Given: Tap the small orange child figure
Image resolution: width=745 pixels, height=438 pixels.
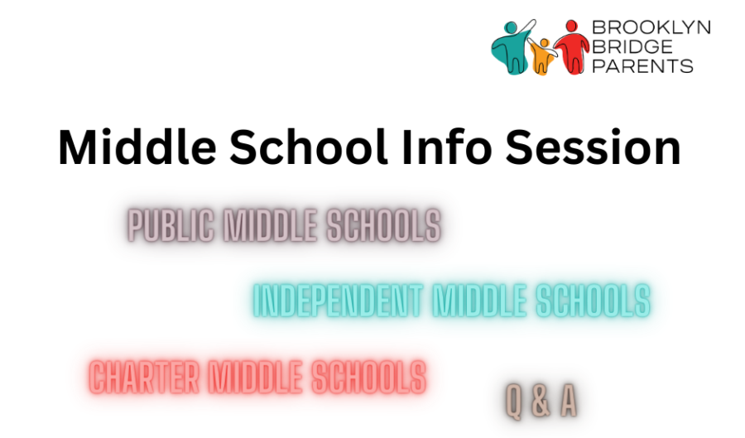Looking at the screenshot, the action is coord(541,56).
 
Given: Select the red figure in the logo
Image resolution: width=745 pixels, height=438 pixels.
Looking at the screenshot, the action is coord(571,47).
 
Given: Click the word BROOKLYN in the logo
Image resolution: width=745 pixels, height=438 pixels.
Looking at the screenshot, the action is coord(651,27).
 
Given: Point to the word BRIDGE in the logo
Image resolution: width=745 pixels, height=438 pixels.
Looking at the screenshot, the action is coord(633,46).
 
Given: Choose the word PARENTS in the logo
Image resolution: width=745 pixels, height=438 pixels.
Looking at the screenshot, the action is coord(643,65).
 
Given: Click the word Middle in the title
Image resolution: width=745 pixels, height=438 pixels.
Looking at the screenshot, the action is coord(137,147).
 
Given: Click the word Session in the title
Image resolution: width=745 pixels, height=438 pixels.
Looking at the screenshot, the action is coord(593,147).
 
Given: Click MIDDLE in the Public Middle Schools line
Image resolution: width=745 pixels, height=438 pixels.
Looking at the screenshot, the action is coord(270,225).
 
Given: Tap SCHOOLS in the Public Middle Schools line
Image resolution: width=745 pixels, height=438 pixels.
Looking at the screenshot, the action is coord(384,225).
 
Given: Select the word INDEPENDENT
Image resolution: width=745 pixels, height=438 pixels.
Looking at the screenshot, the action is coord(338,301).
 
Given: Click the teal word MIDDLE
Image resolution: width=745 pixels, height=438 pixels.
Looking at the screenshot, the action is coord(479,301).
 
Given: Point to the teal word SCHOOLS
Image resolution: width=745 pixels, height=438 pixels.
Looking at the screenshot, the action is coord(593,301).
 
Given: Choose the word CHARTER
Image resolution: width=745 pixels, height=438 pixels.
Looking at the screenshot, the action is coord(144,378).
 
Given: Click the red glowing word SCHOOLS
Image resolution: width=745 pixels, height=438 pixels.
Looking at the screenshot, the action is coord(368,378).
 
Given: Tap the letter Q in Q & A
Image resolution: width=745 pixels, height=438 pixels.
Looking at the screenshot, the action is coord(513,402).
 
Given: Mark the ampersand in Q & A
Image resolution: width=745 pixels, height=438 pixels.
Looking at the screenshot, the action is coord(541,401).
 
